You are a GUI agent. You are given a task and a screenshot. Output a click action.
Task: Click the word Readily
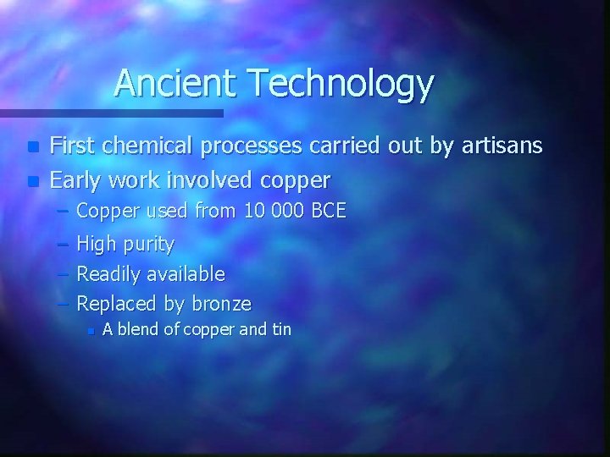click(x=108, y=274)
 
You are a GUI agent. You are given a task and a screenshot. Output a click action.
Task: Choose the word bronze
click(x=222, y=303)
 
